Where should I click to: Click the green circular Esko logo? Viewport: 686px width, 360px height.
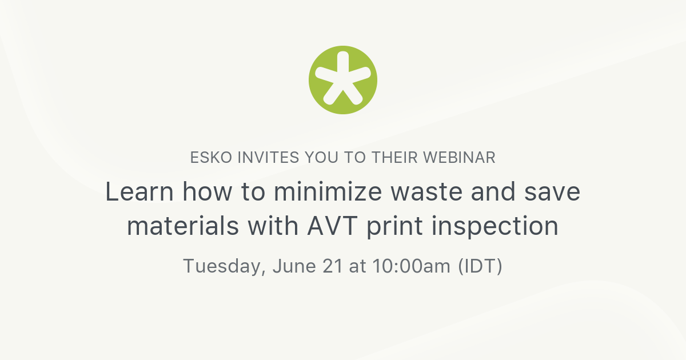(343, 80)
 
